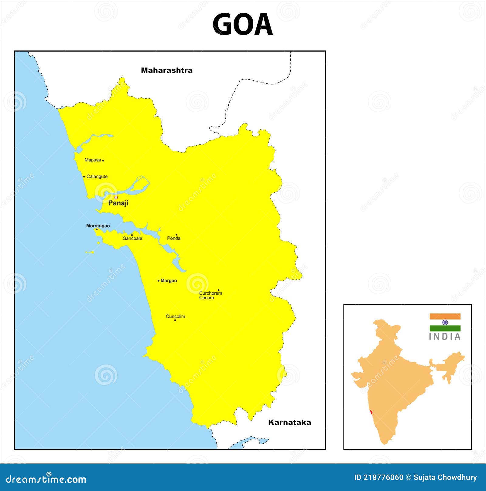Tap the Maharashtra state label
click(x=167, y=70)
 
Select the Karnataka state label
click(x=289, y=422)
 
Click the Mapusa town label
click(x=93, y=160)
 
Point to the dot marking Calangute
click(x=84, y=177)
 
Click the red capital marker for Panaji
click(x=116, y=198)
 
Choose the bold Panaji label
click(x=118, y=203)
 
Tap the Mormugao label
click(x=98, y=226)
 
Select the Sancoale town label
click(x=132, y=239)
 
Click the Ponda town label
click(x=174, y=239)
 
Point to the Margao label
click(x=169, y=281)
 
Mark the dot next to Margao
click(x=159, y=281)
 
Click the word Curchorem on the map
click(x=210, y=293)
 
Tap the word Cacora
click(x=207, y=298)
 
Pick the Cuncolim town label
click(x=175, y=316)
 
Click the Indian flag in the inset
click(x=445, y=322)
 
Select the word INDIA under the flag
click(x=445, y=337)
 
